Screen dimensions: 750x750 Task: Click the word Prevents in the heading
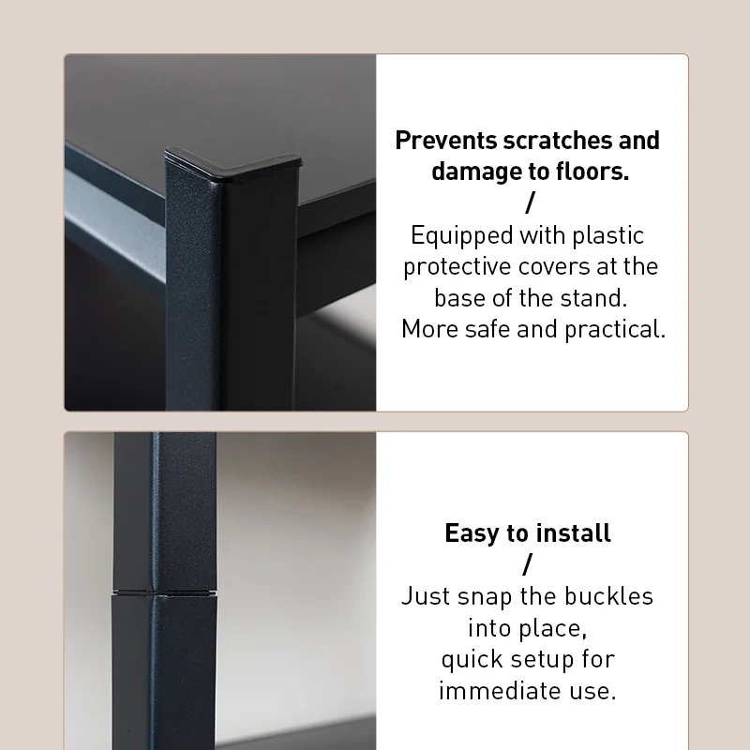(446, 141)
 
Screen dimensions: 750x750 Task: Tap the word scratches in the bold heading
(558, 141)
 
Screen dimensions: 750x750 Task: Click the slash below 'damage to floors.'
(530, 202)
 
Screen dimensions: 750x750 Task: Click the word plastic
(607, 236)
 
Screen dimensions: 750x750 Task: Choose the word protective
(457, 267)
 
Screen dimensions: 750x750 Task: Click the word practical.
(615, 330)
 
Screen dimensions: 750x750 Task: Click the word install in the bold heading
(573, 532)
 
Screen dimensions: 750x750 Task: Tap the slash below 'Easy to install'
(528, 564)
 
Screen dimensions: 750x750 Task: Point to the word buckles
(608, 596)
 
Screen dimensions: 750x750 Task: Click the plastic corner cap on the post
(233, 165)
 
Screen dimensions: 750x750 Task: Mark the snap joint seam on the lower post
(165, 594)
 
